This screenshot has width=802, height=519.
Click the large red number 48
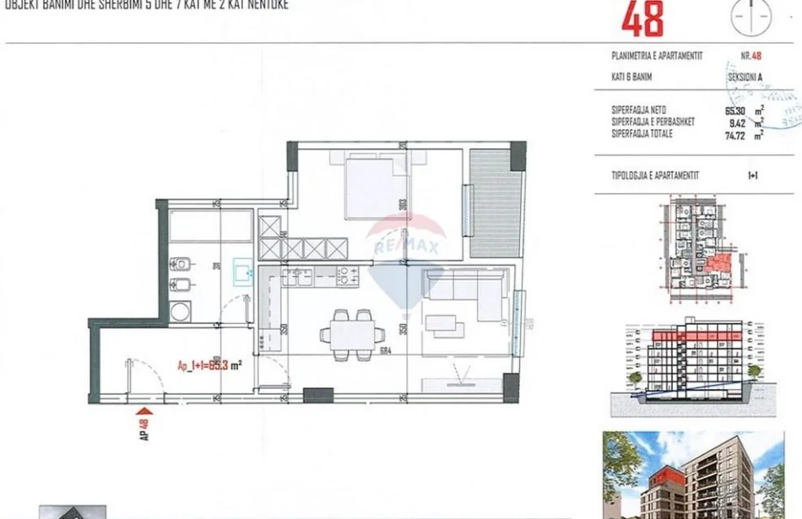pyautogui.click(x=642, y=19)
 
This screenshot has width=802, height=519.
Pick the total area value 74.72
pyautogui.click(x=738, y=133)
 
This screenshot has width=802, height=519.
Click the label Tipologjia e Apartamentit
pyautogui.click(x=654, y=176)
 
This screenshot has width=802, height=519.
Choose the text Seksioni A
pyautogui.click(x=745, y=77)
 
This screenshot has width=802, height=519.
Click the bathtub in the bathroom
pyautogui.click(x=211, y=226)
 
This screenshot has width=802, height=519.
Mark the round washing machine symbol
pyautogui.click(x=181, y=312)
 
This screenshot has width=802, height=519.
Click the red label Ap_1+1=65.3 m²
pyautogui.click(x=210, y=365)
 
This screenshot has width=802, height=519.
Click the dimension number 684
pyautogui.click(x=386, y=351)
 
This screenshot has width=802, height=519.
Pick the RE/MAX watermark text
pyautogui.click(x=409, y=246)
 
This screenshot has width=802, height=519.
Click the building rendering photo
pyautogui.click(x=692, y=475)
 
